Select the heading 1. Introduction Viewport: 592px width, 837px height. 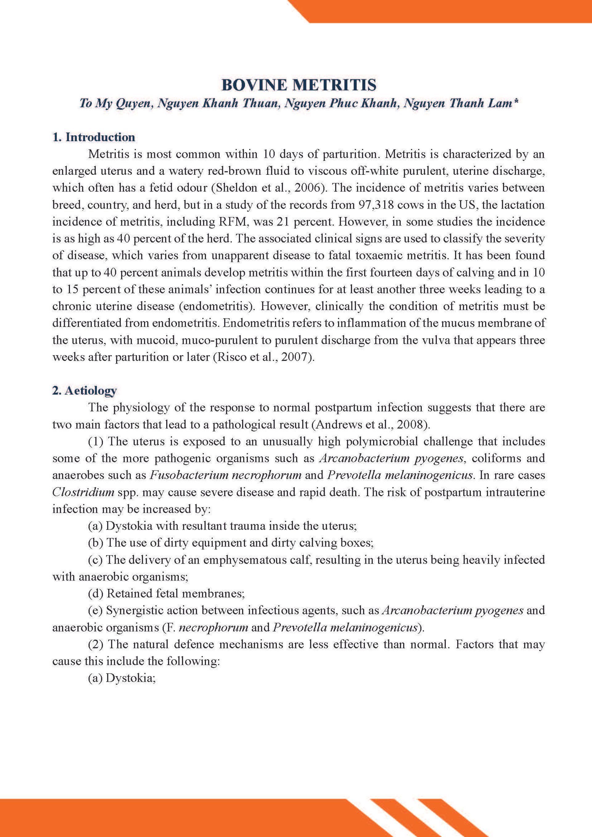tap(94, 137)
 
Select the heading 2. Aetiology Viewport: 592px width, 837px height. tap(84, 390)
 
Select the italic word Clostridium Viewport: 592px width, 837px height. tap(83, 492)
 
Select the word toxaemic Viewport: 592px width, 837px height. tap(382, 255)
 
